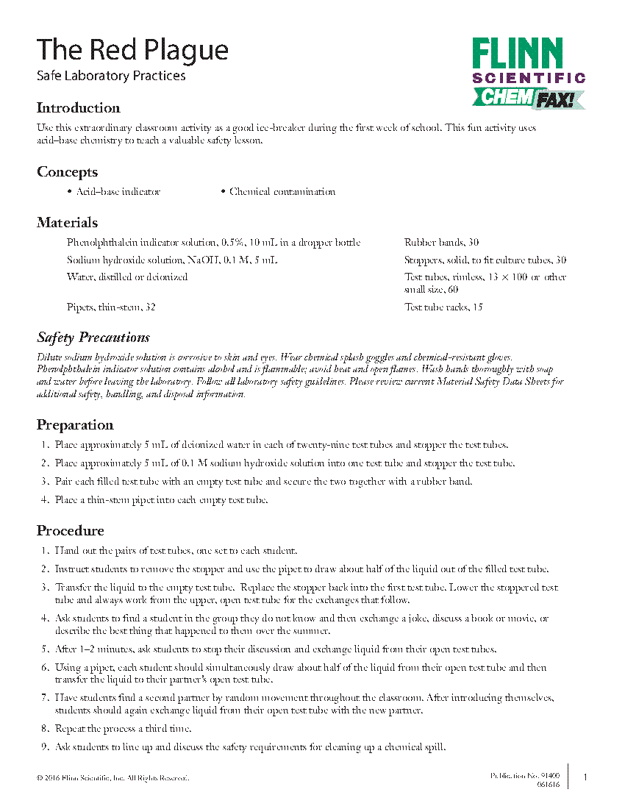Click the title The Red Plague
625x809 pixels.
coord(133,50)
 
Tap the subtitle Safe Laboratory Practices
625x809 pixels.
coord(111,76)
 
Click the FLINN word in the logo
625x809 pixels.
coord(518,54)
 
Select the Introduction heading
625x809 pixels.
coord(79,108)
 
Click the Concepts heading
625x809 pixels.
coord(67,172)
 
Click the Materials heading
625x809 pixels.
coord(67,223)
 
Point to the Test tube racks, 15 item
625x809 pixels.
coord(443,307)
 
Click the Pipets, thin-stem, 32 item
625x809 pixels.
coord(111,307)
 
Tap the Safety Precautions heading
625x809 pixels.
coord(93,338)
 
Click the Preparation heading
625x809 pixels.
coord(75,425)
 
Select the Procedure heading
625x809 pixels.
coord(71,531)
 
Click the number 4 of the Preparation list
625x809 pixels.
coord(45,500)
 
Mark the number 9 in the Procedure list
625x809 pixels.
coord(45,746)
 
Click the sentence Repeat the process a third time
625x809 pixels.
coord(124,729)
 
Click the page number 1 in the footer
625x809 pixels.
coord(585,777)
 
